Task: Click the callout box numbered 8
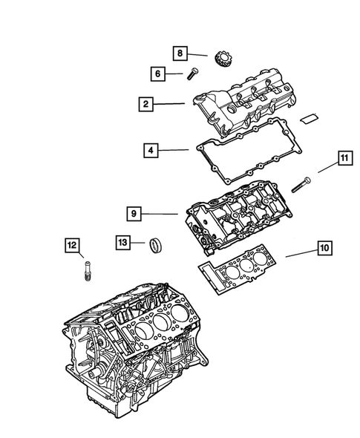point(179,53)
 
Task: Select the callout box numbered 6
point(157,73)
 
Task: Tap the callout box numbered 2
point(146,104)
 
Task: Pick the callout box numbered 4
point(151,151)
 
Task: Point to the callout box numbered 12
point(71,246)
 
